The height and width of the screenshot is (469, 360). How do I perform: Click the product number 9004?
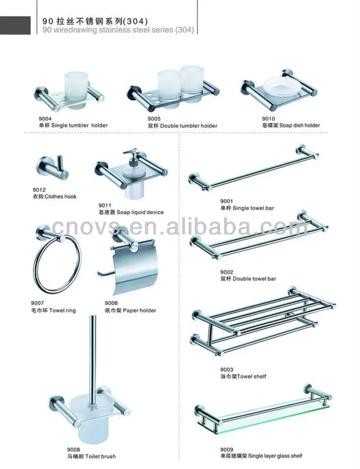tap(45, 119)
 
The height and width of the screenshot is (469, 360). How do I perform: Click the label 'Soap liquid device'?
tap(138, 212)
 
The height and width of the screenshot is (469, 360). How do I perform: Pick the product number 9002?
tap(226, 272)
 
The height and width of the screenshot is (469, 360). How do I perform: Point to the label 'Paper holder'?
tap(135, 310)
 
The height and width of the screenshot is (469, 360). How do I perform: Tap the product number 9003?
tap(226, 369)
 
